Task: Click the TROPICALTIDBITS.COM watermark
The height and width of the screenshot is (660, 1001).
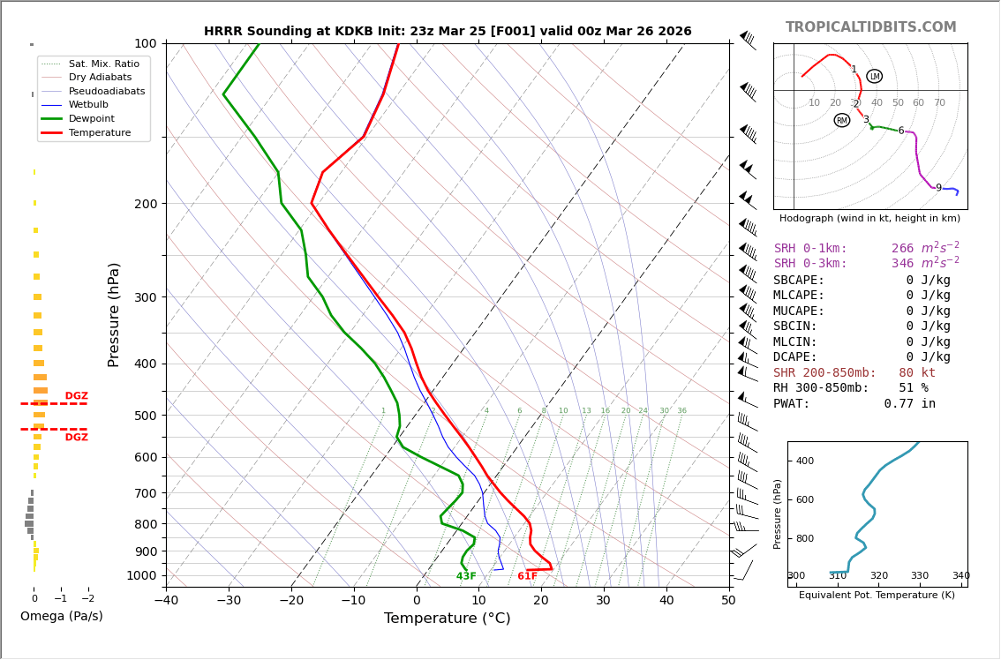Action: point(870,27)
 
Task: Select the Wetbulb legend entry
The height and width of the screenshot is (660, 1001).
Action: point(87,104)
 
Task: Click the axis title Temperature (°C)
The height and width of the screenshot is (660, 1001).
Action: point(447,619)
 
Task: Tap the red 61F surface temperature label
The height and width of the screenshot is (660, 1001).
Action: point(527,576)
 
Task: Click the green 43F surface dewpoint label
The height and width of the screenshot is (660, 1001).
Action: point(466,576)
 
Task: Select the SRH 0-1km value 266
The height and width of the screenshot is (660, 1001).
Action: point(902,249)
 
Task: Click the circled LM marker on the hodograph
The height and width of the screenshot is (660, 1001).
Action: point(874,77)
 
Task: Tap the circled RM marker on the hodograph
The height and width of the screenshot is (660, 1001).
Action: point(841,120)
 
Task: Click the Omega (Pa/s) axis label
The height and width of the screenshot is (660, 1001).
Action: point(62,617)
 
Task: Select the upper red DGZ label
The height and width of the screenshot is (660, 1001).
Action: point(76,396)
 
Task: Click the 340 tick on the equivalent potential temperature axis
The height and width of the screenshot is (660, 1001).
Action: point(960,576)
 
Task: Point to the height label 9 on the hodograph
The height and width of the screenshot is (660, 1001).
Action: point(938,188)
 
